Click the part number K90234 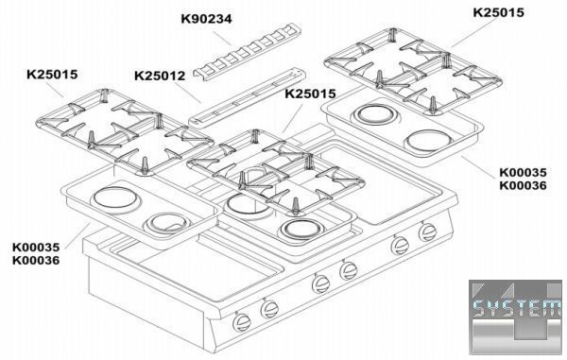(206, 19)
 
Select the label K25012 (160, 76)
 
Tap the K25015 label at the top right (498, 12)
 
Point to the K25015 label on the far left (52, 75)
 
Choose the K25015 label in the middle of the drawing (311, 94)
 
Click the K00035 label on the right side (523, 172)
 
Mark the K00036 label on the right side (523, 186)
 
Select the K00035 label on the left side (36, 248)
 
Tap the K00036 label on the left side (36, 260)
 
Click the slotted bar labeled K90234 (248, 51)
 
